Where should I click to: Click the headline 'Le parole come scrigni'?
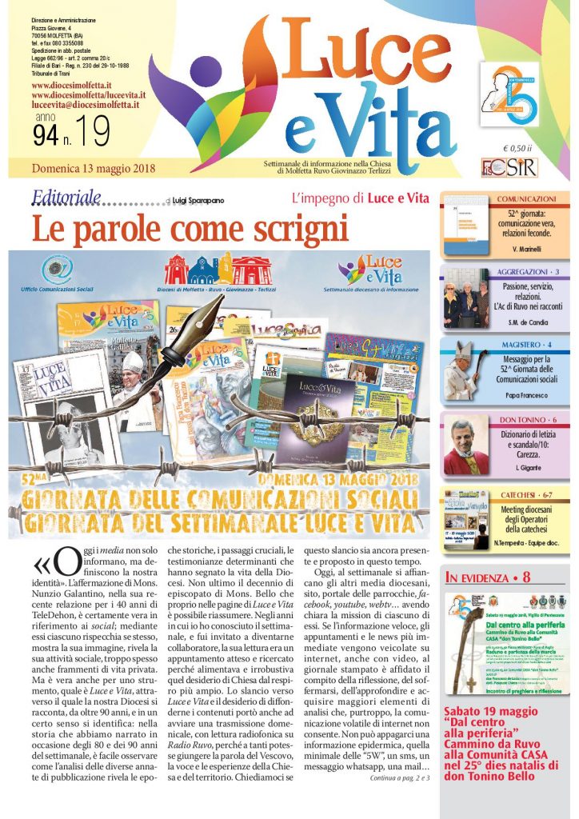(x=190, y=229)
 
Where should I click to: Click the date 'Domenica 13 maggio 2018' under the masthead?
(x=94, y=169)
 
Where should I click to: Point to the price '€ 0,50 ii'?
(x=519, y=148)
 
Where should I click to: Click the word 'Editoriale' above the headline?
(x=66, y=198)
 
